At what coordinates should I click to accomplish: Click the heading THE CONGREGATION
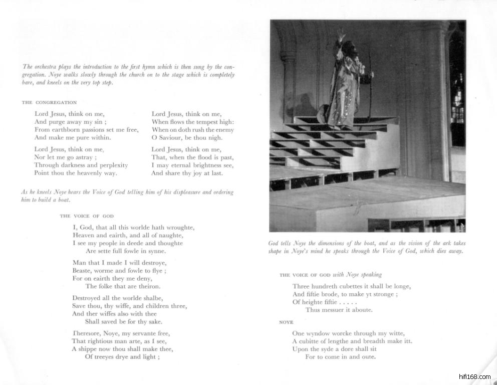[x=49, y=102]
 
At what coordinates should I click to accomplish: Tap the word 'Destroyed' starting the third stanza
[x=86, y=298]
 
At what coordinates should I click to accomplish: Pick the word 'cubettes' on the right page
[x=354, y=286]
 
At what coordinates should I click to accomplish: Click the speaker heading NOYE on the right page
[x=286, y=322]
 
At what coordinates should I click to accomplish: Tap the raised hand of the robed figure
[x=341, y=35]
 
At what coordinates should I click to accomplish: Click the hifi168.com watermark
[x=474, y=376]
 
